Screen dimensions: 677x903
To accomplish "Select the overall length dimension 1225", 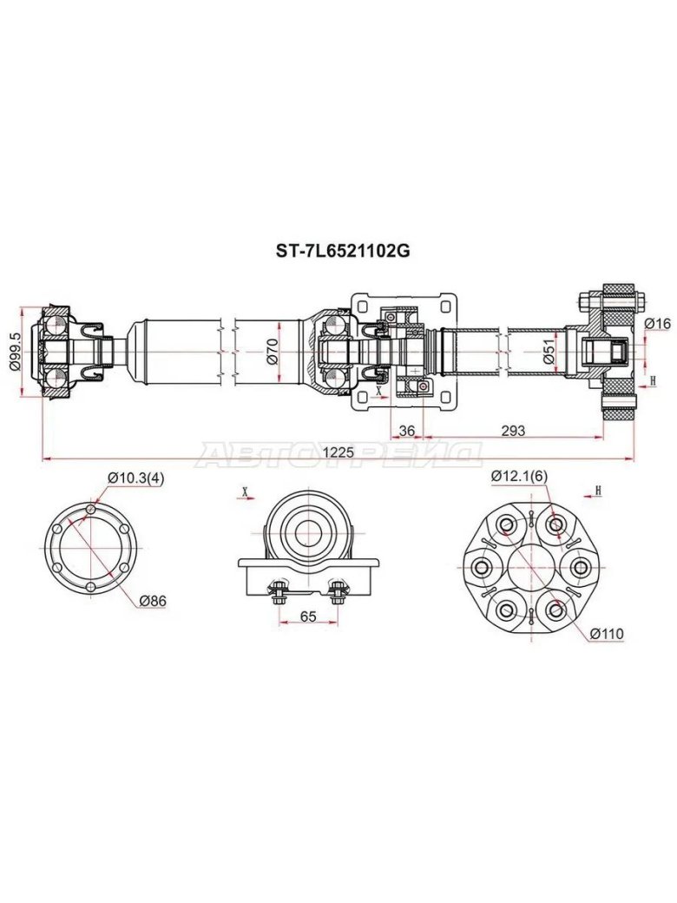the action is coord(338,452).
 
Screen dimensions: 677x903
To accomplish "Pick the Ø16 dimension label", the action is coord(657,324).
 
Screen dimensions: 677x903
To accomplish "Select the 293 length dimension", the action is coord(513,430).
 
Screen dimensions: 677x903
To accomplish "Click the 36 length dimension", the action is coord(406,430).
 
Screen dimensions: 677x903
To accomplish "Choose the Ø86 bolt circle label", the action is coord(152,601).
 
